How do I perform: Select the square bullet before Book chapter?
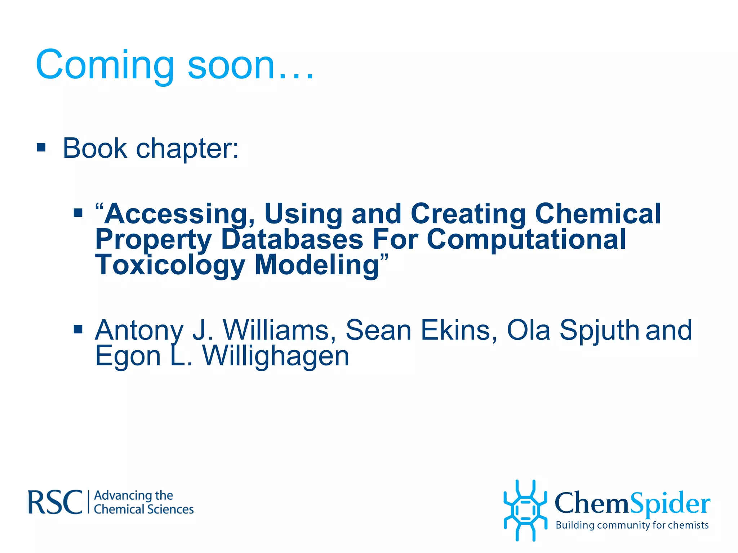pos(41,147)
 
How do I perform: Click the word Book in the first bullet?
pos(95,148)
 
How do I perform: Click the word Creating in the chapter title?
pos(468,214)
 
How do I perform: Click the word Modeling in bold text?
pos(317,265)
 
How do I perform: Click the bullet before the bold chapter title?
pos(78,213)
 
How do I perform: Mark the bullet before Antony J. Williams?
pos(78,329)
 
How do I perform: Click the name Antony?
pos(139,330)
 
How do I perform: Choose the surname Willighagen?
pos(276,356)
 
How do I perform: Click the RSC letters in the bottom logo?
pos(55,502)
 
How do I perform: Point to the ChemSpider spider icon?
pos(525,510)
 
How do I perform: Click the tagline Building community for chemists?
pos(632,525)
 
